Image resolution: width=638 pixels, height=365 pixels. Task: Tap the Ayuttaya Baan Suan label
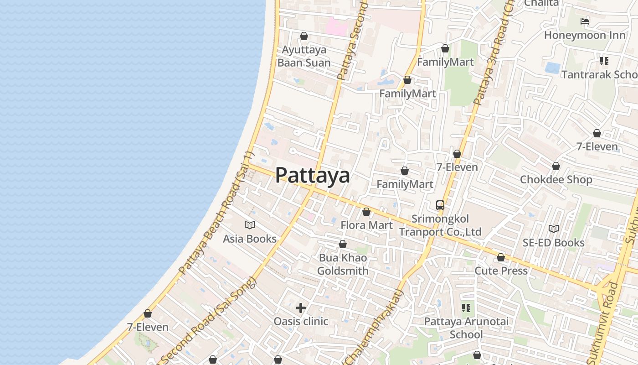coord(304,56)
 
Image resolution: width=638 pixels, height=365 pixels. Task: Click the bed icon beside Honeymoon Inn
coord(585,21)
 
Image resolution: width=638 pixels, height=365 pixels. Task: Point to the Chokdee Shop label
coord(556,179)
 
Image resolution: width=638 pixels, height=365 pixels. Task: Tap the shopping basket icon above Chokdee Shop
coord(556,166)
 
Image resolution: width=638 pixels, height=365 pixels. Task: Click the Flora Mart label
coord(366,225)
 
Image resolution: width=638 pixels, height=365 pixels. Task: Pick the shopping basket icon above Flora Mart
coord(366,212)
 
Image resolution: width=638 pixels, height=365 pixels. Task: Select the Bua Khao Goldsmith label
coord(343,264)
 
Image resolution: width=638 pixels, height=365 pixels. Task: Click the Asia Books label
coord(250,239)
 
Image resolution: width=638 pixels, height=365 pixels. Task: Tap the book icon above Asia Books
coord(250,225)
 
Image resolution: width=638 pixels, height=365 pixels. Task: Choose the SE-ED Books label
coord(554,242)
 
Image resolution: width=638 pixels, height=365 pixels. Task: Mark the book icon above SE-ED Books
coord(554,229)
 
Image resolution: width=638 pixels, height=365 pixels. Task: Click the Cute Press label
coord(501,271)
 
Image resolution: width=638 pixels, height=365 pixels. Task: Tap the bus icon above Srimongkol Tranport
coord(440,205)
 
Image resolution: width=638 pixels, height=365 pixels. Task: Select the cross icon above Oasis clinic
coord(301,308)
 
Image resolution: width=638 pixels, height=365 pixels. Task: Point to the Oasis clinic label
coord(301,321)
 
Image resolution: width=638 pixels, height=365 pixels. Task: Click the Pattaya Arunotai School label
coord(466,328)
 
